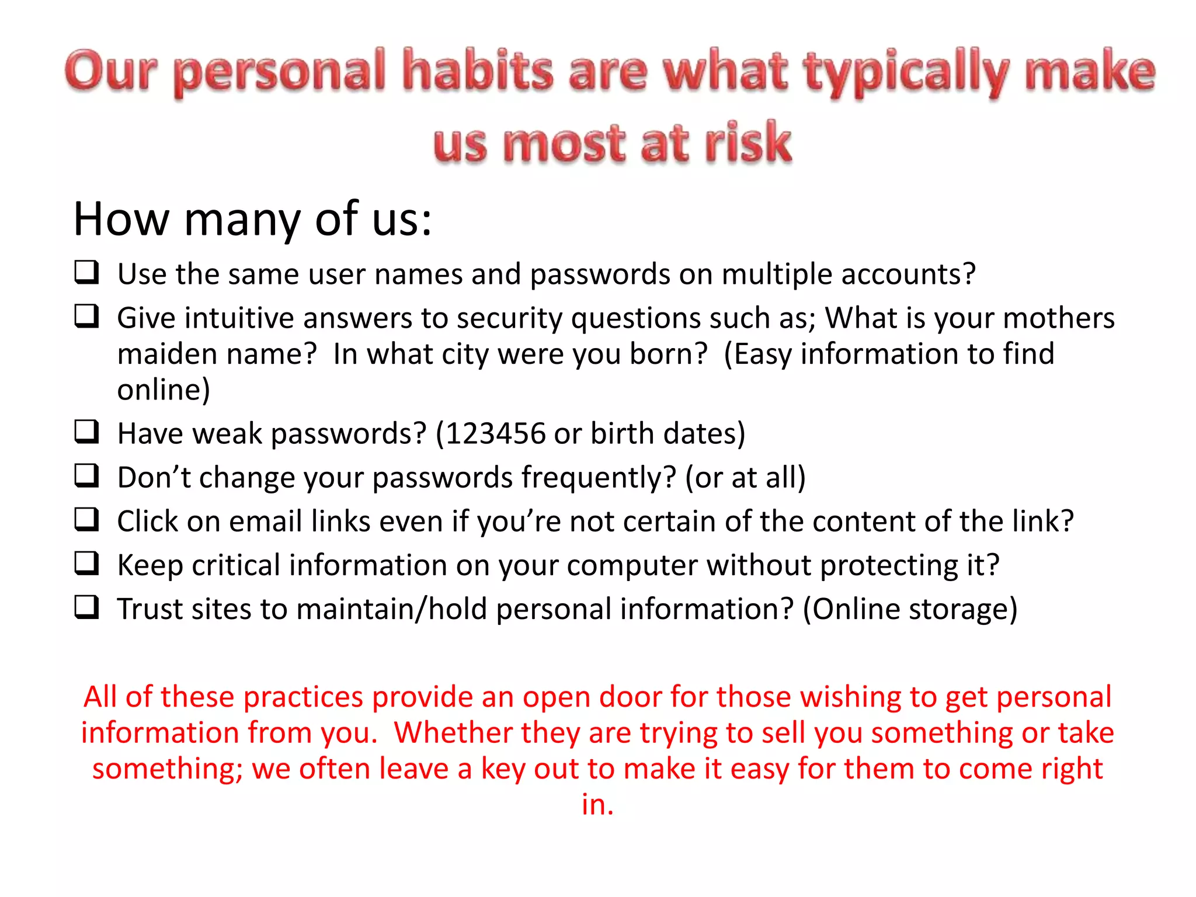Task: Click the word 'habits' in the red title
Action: point(478,71)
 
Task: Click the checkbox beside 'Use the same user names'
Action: point(86,272)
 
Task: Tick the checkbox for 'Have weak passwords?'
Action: point(86,432)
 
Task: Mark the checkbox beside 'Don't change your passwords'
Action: point(86,475)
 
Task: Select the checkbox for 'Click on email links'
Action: point(86,519)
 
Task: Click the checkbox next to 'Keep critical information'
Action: point(86,563)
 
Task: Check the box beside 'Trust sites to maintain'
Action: point(86,607)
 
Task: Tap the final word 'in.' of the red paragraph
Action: point(597,804)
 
